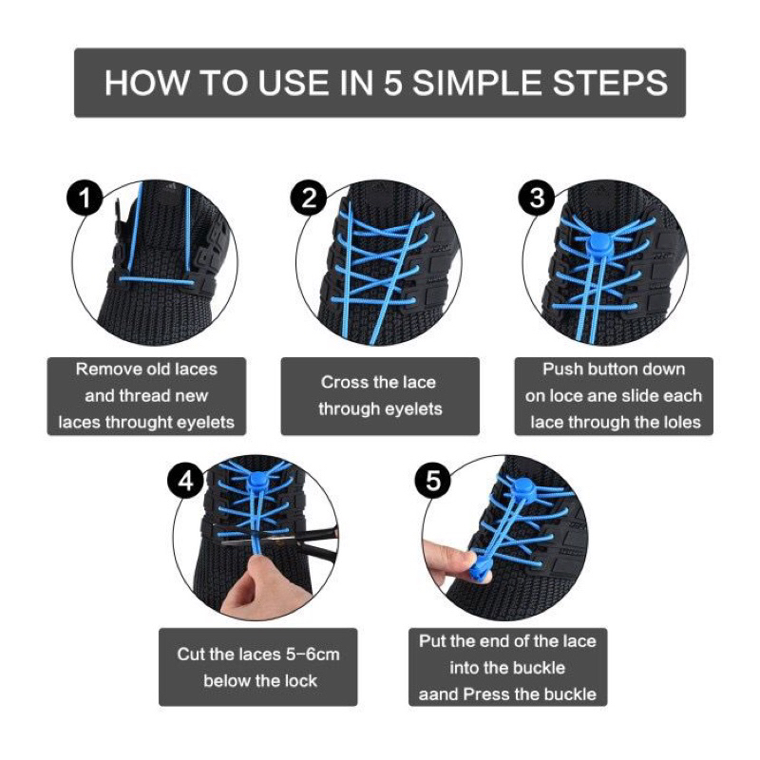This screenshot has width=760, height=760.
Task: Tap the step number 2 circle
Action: [x=308, y=199]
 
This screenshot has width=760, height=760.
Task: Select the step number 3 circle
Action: [x=537, y=199]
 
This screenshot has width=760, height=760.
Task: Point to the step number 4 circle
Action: [x=186, y=482]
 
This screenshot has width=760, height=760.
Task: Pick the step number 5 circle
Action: [x=433, y=482]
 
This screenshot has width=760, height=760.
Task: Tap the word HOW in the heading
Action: [x=141, y=83]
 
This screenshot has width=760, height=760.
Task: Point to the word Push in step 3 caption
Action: [x=562, y=370]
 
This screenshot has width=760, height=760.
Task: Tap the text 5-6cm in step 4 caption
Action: [x=307, y=655]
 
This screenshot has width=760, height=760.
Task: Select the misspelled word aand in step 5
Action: [x=439, y=694]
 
